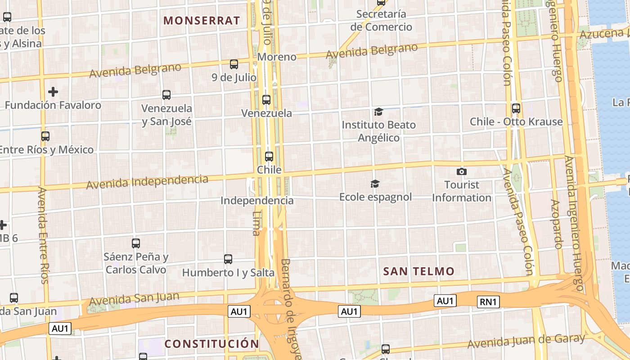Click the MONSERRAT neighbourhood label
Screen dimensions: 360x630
click(202, 20)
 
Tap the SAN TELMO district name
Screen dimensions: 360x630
click(418, 271)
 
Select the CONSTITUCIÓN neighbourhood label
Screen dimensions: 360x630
click(211, 344)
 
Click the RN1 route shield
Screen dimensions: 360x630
click(488, 302)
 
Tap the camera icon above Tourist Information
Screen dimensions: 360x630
click(461, 171)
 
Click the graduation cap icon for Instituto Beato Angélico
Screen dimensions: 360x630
click(378, 111)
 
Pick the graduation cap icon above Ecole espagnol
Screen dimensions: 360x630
click(375, 184)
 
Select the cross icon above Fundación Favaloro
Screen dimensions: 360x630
click(53, 92)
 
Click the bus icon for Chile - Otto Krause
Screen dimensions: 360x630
click(516, 108)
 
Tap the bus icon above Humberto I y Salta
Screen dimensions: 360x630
click(228, 259)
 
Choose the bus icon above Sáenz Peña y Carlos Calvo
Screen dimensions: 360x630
click(136, 243)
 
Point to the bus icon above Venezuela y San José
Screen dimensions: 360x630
click(166, 95)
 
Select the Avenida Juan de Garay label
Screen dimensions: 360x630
click(526, 342)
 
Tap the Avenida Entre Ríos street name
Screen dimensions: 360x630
click(43, 235)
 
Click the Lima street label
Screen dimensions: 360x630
click(256, 224)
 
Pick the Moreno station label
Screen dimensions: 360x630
click(277, 57)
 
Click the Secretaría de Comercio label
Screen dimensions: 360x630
click(381, 21)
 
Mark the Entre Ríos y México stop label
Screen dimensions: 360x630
click(46, 150)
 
